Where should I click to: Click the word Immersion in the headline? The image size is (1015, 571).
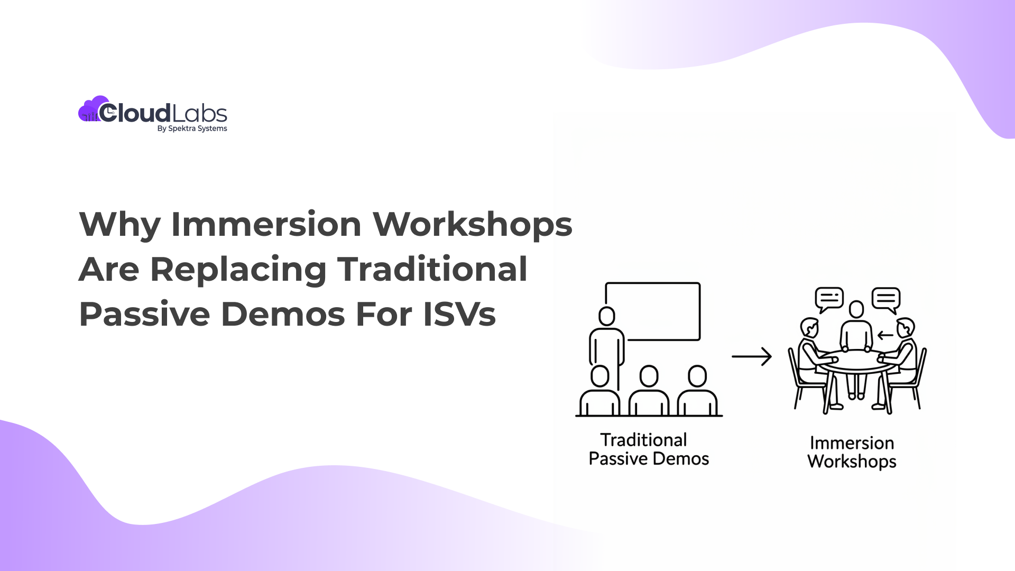tap(266, 224)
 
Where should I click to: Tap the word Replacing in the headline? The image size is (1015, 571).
tap(238, 269)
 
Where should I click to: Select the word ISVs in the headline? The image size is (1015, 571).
tap(459, 314)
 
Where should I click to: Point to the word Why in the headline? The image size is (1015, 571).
tap(119, 224)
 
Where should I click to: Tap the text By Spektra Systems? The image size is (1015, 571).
tap(192, 128)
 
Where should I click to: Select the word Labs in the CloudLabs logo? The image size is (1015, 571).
tap(199, 113)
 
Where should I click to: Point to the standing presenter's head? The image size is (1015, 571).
tap(607, 316)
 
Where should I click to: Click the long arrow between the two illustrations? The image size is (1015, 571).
tap(751, 356)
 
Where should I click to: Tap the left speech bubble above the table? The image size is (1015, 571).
tap(828, 299)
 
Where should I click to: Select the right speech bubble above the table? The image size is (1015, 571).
tap(885, 299)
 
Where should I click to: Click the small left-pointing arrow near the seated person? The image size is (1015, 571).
tap(885, 335)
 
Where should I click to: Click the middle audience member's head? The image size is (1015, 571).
tap(649, 376)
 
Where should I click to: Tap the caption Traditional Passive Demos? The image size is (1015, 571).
tap(649, 449)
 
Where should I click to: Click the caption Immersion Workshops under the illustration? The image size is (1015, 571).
tap(852, 452)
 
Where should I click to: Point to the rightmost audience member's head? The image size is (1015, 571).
tap(697, 376)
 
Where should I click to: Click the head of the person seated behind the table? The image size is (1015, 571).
tap(856, 309)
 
